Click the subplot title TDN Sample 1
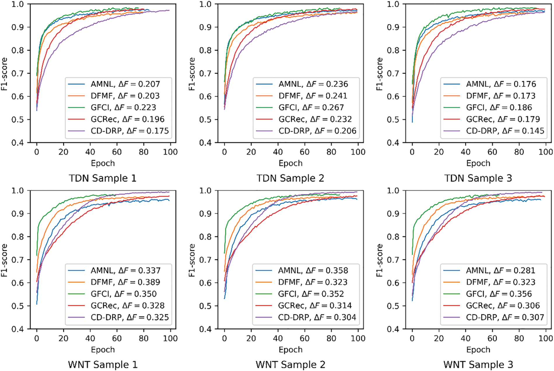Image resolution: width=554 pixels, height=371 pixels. [x=103, y=178]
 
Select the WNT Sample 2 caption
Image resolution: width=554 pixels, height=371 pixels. [x=290, y=365]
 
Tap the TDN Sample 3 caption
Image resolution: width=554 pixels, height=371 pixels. [x=478, y=178]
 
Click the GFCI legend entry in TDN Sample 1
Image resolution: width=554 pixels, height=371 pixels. [x=123, y=107]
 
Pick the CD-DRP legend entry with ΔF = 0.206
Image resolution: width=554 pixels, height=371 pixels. [x=317, y=131]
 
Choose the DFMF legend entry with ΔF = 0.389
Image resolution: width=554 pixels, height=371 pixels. [x=125, y=282]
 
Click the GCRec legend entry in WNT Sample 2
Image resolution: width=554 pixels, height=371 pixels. [x=315, y=305]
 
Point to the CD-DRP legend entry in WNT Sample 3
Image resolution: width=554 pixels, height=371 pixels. [x=505, y=317]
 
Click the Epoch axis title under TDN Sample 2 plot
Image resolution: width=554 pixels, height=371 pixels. [x=290, y=163]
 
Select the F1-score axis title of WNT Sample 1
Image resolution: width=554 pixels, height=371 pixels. [x=4, y=260]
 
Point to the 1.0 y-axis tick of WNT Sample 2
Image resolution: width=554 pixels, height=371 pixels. [x=205, y=190]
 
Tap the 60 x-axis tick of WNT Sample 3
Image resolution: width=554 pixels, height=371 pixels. [x=492, y=338]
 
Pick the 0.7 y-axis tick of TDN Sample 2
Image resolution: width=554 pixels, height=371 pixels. [x=205, y=73]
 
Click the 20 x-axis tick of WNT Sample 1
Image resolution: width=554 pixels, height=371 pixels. [x=63, y=338]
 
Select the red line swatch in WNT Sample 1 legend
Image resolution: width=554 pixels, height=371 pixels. [x=76, y=306]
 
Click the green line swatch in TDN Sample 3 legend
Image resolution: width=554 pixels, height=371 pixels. [x=452, y=108]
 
